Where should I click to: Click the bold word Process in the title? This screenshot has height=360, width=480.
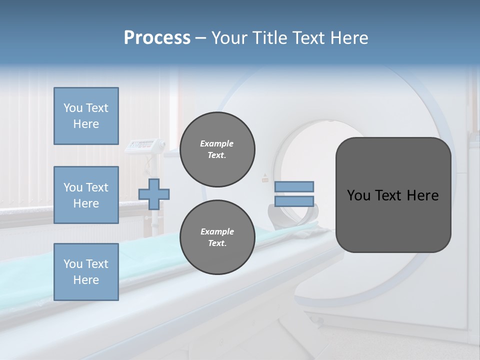(x=157, y=38)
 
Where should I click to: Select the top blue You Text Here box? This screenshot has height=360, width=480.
(x=86, y=116)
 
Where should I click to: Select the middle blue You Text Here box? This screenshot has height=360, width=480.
(x=86, y=195)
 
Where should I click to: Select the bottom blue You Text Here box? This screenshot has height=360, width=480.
(x=86, y=272)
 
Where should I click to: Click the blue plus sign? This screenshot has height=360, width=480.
(x=154, y=194)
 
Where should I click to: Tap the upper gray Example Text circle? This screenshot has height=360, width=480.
(x=217, y=149)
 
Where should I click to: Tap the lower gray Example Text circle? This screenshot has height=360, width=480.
(x=217, y=237)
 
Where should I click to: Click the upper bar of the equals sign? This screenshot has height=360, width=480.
(x=294, y=187)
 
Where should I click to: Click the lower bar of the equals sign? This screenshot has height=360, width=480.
(x=294, y=201)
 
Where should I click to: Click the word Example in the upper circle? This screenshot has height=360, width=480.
(x=217, y=143)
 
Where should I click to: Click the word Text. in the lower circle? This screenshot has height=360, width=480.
(x=217, y=243)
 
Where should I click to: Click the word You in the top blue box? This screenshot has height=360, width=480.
(x=72, y=108)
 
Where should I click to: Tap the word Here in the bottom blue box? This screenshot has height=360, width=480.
(x=86, y=280)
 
